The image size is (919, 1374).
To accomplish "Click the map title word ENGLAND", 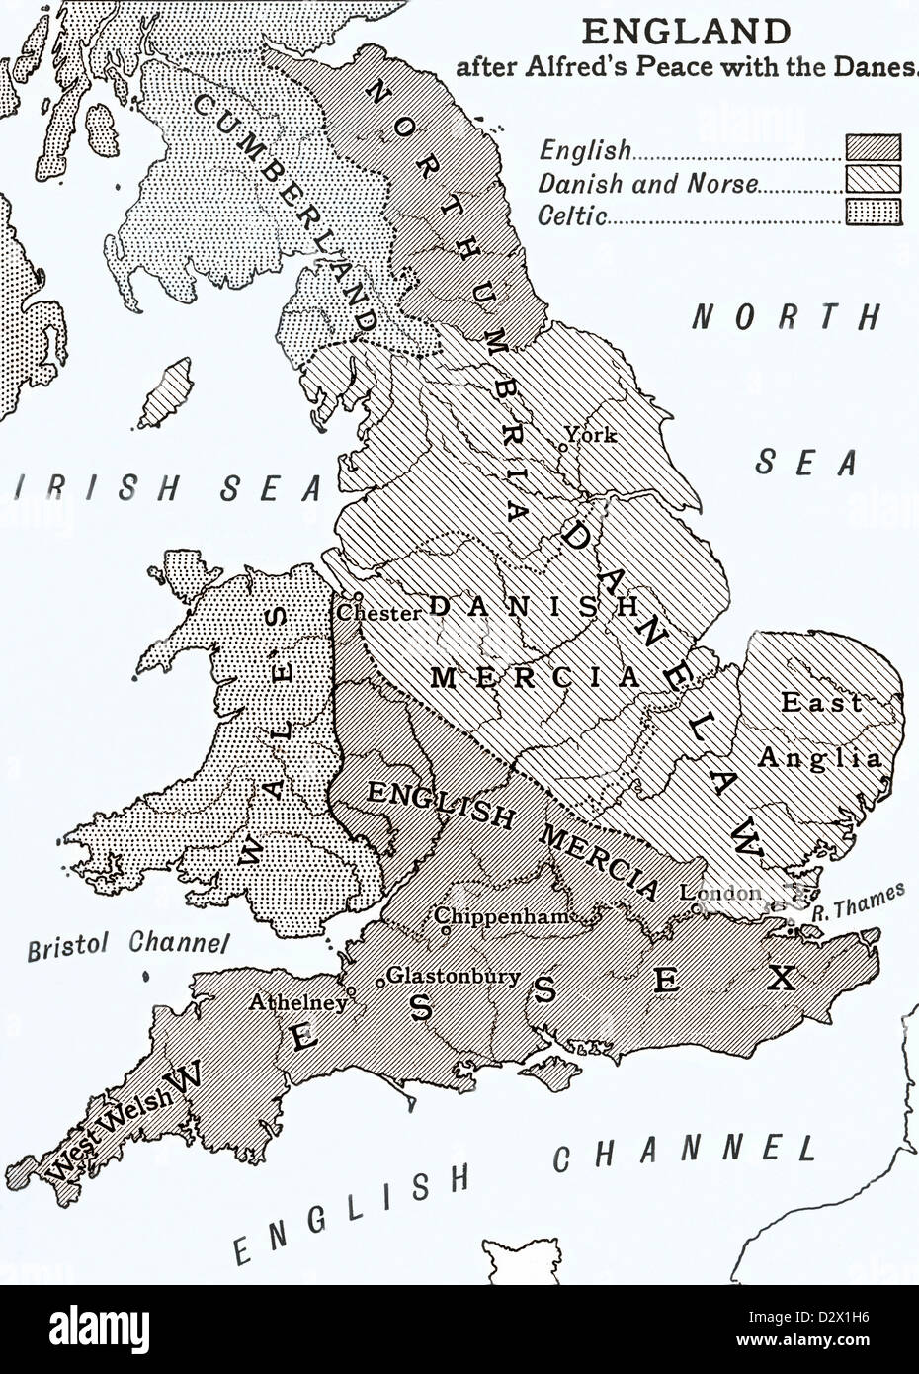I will tap(685, 32).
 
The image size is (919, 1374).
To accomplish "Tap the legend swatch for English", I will tap(873, 147).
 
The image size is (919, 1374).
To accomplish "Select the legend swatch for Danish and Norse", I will tap(873, 180).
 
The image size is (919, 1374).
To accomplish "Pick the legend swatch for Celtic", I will tap(873, 213).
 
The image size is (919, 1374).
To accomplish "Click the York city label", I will tap(591, 434).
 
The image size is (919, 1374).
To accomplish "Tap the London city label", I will tap(720, 893).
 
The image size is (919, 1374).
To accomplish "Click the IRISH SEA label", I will tap(163, 487).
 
